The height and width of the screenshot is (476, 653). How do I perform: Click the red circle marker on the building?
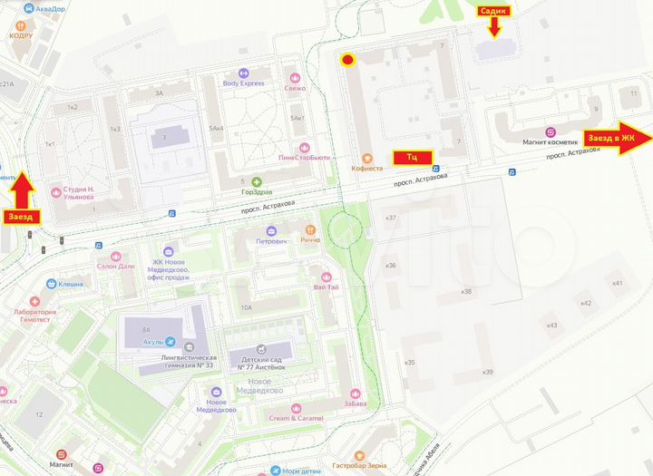(x=347, y=61)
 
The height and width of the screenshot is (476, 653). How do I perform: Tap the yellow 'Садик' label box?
(x=494, y=11)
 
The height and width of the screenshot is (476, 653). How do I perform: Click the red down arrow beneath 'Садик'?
(x=494, y=28)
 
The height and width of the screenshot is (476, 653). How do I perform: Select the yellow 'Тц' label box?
(x=412, y=157)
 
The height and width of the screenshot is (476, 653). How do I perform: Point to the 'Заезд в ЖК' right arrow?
(x=619, y=138)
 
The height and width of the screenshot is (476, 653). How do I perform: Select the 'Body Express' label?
(x=243, y=83)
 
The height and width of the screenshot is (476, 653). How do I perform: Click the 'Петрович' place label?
(x=272, y=242)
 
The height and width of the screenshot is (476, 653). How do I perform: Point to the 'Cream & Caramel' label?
(x=296, y=418)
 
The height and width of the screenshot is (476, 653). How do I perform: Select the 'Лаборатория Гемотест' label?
(x=32, y=311)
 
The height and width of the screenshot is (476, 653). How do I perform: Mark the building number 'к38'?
(x=467, y=291)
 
